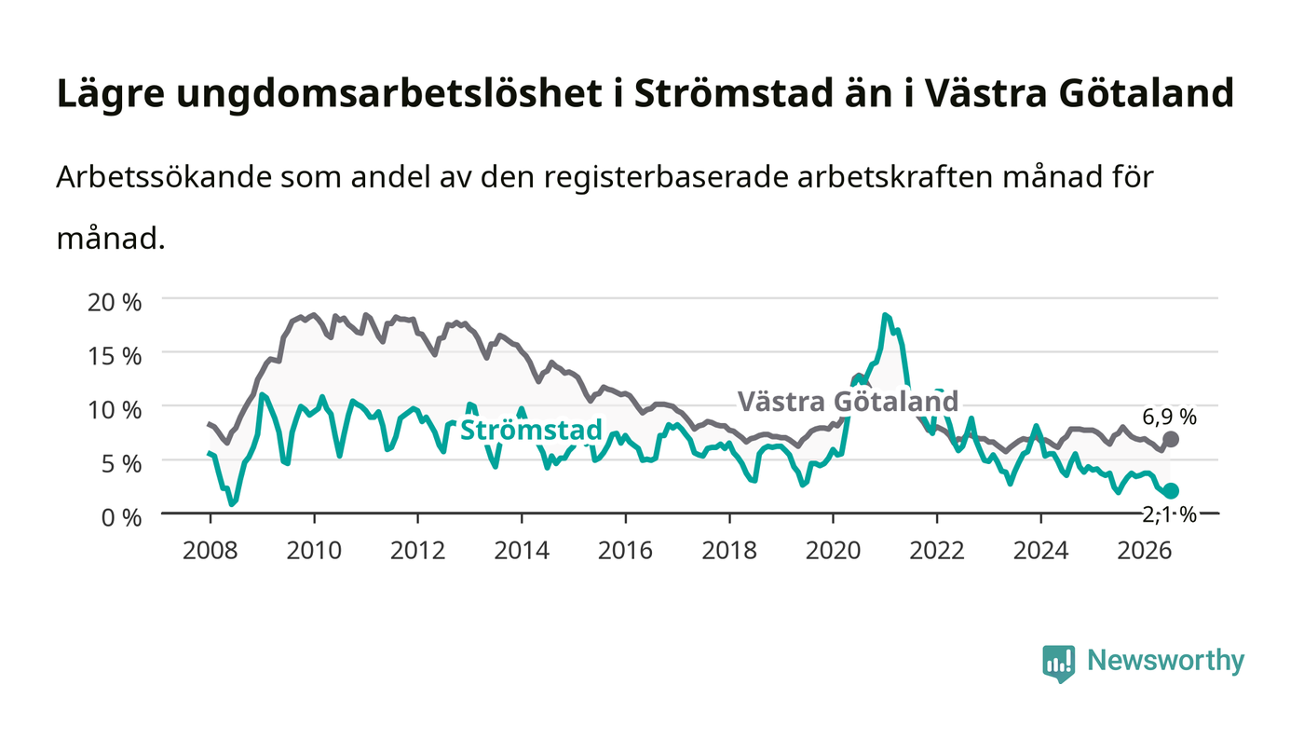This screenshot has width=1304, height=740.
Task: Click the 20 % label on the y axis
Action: coord(114,302)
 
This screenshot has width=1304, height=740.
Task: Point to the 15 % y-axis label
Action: coord(114,356)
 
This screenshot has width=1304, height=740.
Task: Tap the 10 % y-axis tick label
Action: coord(114,410)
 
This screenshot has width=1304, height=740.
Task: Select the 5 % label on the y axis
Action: coord(121,464)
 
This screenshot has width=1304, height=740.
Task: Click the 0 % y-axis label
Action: coord(121,518)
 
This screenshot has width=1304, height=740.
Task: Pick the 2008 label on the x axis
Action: coord(211,551)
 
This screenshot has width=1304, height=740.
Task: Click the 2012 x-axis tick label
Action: coord(417,551)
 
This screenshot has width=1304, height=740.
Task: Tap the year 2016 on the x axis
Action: coord(625,551)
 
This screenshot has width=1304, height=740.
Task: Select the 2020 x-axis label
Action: coord(833,551)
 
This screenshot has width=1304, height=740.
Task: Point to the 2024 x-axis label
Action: coord(1041,551)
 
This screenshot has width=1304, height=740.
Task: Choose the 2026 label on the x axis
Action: coord(1145,551)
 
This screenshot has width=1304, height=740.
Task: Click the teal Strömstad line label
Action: coord(531,431)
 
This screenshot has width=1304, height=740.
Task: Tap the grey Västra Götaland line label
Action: coord(848,402)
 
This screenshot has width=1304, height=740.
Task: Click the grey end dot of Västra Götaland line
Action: coord(1171,439)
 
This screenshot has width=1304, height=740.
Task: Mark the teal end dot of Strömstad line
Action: coord(1171,490)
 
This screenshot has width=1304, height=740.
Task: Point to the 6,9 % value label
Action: coord(1169,418)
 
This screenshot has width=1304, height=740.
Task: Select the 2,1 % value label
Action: coord(1169,515)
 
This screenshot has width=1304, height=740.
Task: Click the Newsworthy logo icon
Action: coord(1058,663)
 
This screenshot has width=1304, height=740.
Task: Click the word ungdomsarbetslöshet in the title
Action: coord(389,93)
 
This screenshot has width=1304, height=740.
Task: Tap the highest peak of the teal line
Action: coord(884,315)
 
